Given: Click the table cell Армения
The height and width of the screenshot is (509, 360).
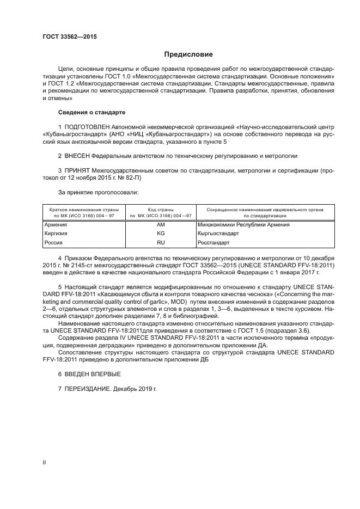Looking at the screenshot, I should coord(56,224).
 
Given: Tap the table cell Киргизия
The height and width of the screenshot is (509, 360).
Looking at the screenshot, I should coord(57,233).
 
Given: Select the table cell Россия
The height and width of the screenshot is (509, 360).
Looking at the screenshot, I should coord(54,242).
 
